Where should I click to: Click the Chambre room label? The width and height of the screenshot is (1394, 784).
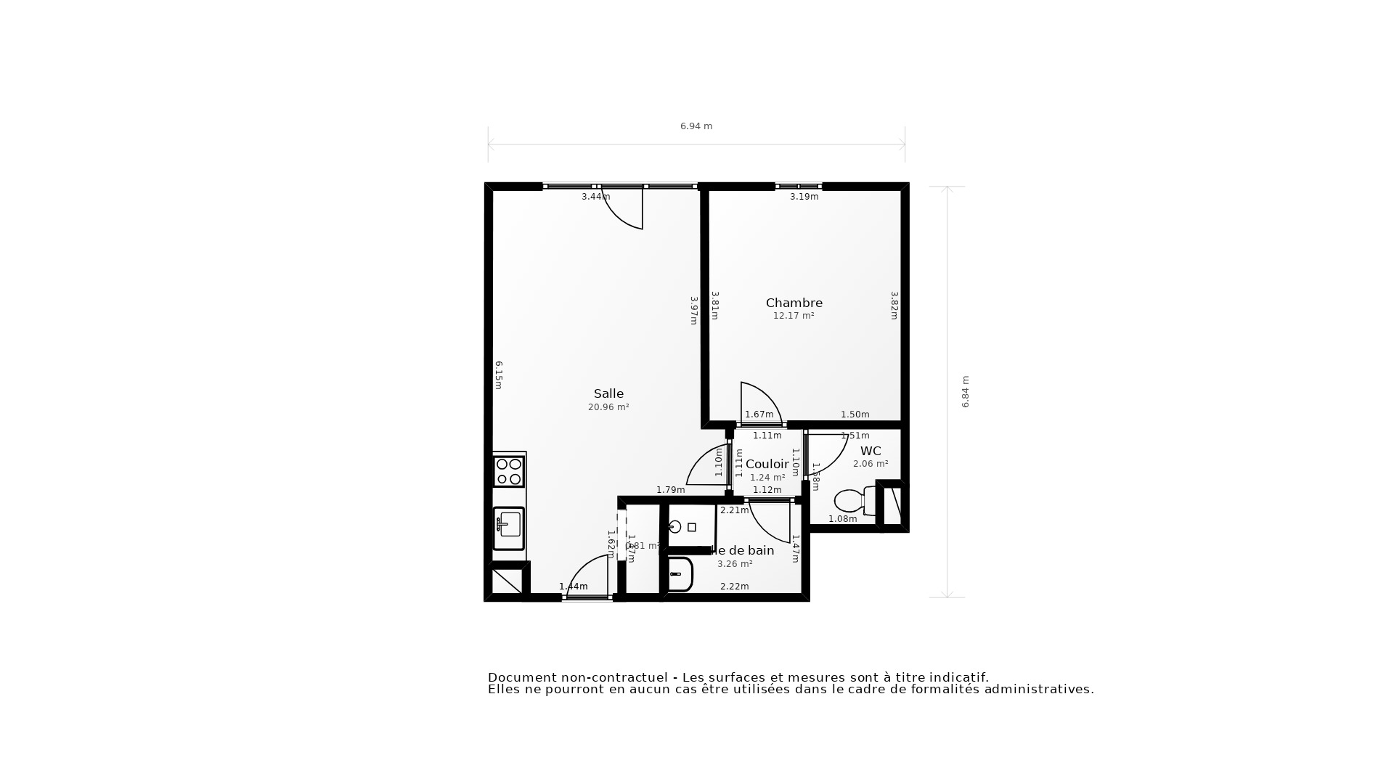pos(794,303)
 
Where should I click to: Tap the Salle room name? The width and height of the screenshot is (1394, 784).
pos(608,393)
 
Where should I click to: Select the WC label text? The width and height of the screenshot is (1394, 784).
pos(870,451)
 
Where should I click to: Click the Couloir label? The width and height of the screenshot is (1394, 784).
pos(767,464)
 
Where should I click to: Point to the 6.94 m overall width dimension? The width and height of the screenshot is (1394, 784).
pos(696,126)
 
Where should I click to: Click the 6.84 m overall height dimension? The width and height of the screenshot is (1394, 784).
pos(965,391)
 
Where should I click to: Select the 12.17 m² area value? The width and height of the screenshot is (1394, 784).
pos(793,316)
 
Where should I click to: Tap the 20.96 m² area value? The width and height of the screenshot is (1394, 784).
pos(608,407)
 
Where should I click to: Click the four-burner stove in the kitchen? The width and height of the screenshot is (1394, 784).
pos(508,471)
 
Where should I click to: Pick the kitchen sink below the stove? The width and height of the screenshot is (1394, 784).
pos(508,528)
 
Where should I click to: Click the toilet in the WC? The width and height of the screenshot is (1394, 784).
pos(851,500)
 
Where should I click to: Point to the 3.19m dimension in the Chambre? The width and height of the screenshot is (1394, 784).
pos(804,197)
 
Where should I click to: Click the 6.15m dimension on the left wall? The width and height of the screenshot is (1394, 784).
pos(498,375)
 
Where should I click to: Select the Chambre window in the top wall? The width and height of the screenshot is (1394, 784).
pos(798,187)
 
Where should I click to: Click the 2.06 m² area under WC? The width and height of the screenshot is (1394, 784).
pos(870,464)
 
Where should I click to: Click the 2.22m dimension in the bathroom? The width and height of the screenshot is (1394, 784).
pos(734,587)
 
